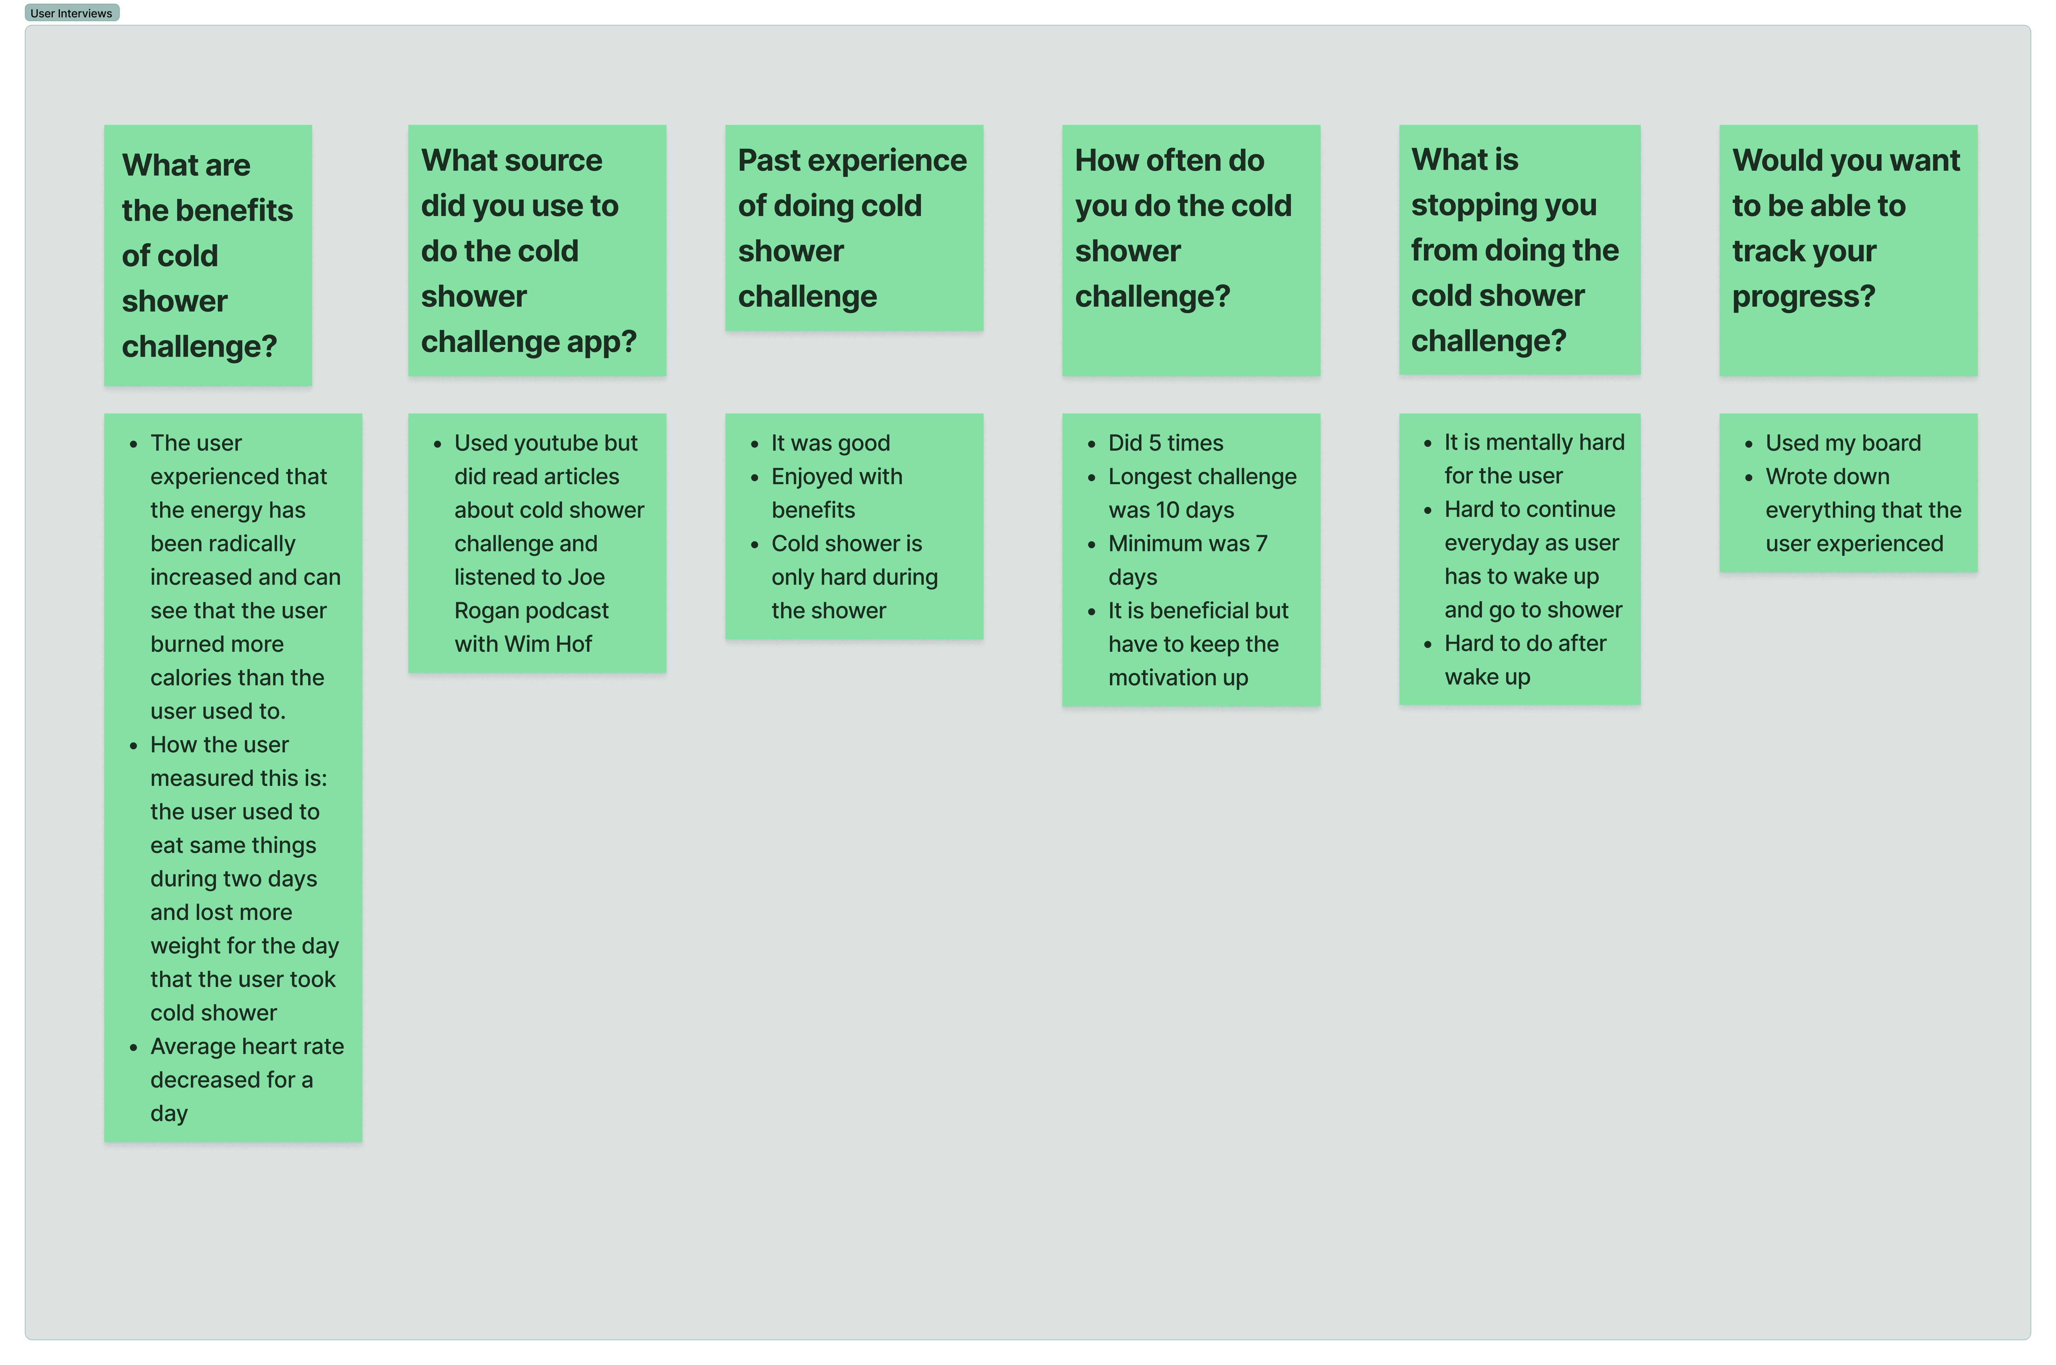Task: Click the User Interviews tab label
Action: [x=71, y=13]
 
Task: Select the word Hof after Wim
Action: [x=573, y=644]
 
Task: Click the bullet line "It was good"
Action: [x=830, y=443]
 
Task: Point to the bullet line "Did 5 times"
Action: [x=1165, y=443]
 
